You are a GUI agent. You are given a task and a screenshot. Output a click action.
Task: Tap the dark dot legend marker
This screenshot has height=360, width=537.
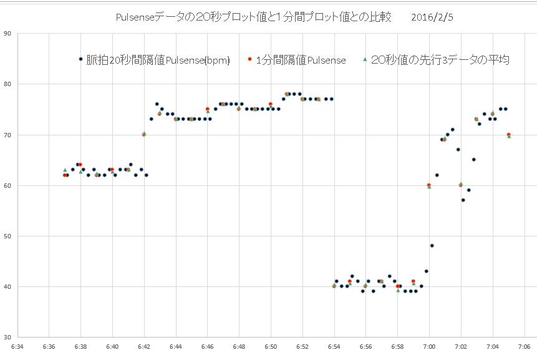(80, 59)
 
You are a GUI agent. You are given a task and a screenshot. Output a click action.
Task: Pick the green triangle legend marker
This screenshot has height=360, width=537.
(364, 59)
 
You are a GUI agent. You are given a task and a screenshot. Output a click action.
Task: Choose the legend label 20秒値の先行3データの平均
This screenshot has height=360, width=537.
(440, 60)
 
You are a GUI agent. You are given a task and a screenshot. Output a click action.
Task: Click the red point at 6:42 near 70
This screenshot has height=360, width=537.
(144, 134)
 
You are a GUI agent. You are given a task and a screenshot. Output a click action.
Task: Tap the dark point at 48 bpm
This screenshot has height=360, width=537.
(432, 246)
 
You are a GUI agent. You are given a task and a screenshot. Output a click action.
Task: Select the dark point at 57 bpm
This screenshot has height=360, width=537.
(463, 200)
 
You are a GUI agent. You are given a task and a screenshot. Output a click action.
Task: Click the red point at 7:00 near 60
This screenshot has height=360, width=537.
(428, 185)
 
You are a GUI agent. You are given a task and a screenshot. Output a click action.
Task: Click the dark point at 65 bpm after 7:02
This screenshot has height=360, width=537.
(473, 159)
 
